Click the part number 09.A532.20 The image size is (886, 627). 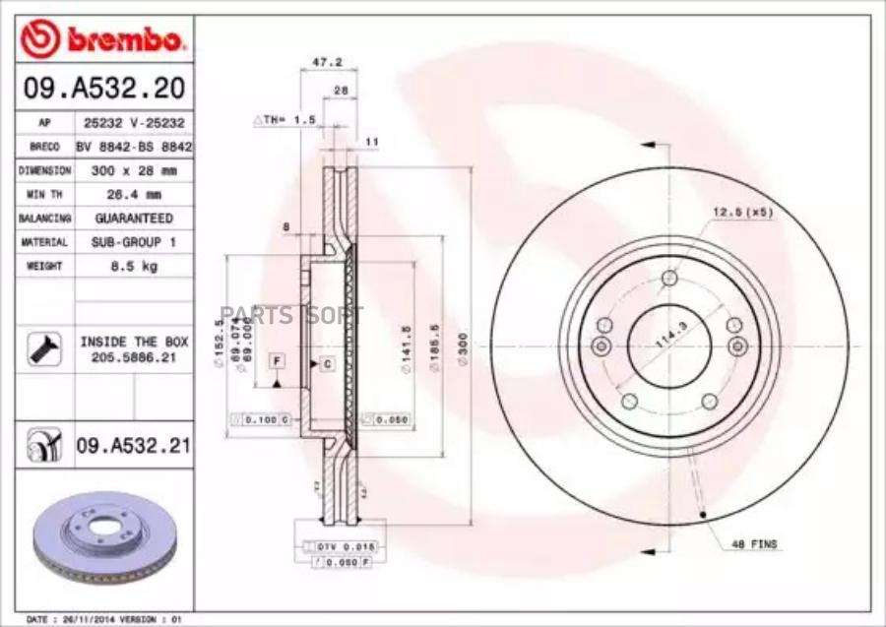[x=103, y=90]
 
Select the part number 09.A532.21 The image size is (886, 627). [x=133, y=447]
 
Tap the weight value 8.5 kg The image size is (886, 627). [x=133, y=267]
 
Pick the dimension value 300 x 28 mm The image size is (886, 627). [x=133, y=170]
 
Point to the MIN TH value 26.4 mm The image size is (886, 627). [x=133, y=194]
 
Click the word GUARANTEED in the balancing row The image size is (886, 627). [x=133, y=218]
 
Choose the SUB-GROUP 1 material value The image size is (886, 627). [x=133, y=242]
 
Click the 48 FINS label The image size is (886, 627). [x=755, y=543]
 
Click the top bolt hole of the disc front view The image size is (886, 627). [x=669, y=277]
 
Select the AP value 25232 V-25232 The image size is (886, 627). [x=133, y=123]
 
